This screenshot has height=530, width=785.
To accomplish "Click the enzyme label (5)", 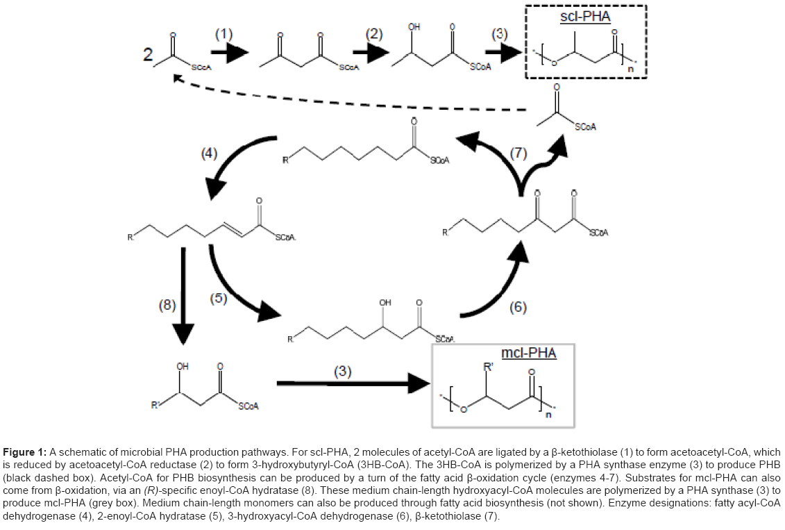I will click(x=219, y=298).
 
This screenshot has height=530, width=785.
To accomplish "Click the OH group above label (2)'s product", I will click(x=415, y=27).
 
